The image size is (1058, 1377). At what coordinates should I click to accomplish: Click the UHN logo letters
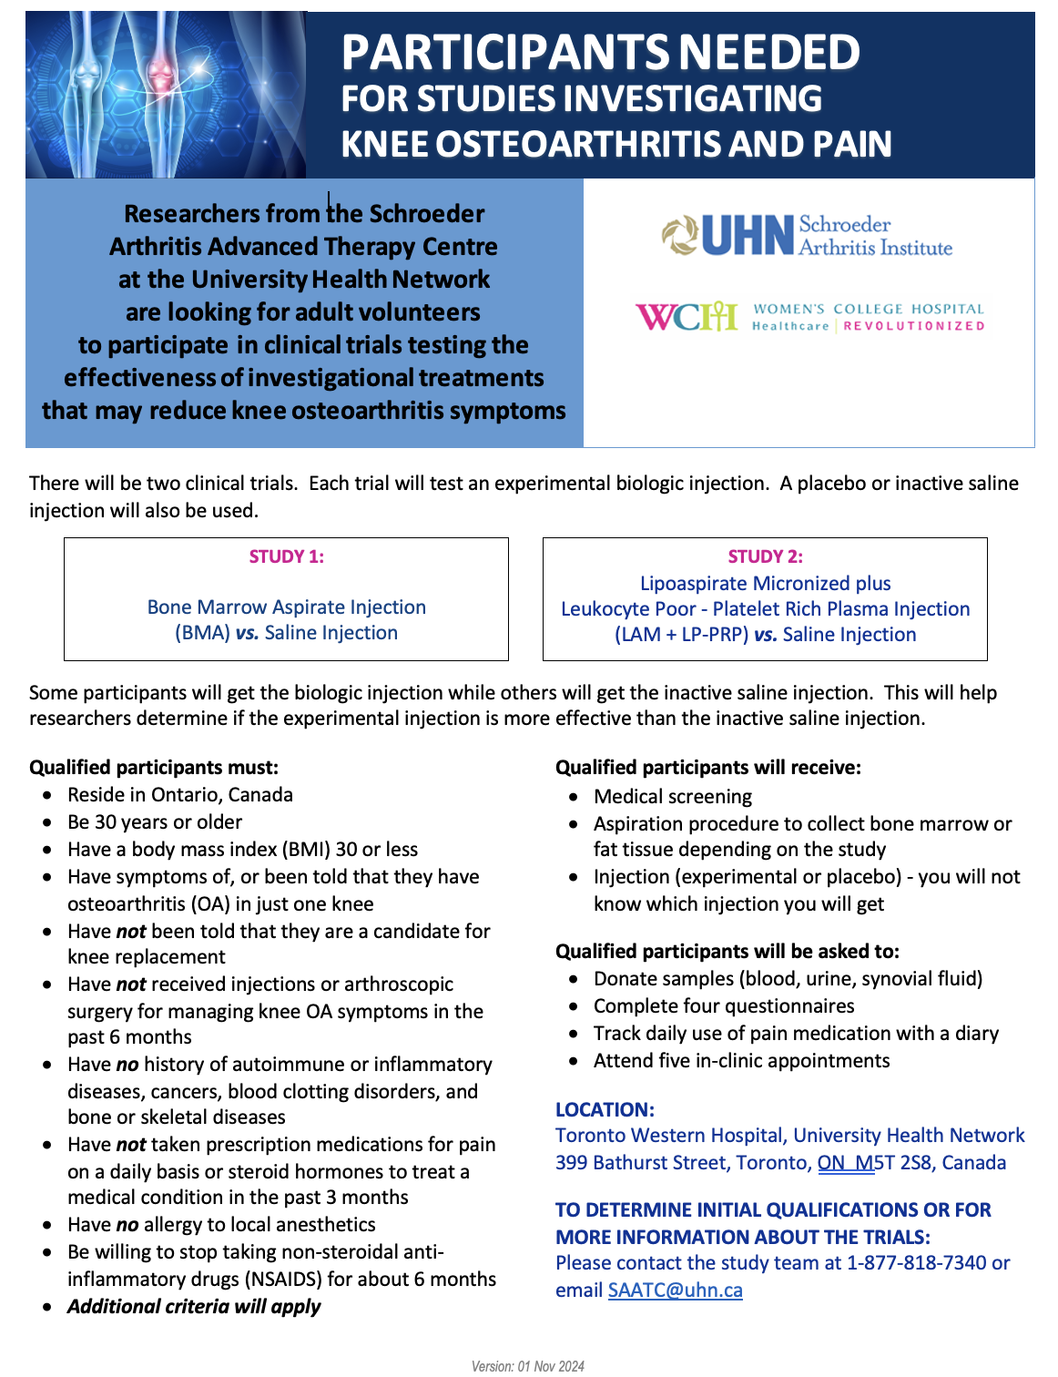click(x=748, y=236)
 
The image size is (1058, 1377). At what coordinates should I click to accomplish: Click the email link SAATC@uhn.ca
click(x=675, y=1290)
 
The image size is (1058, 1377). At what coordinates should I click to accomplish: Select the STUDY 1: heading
click(x=287, y=556)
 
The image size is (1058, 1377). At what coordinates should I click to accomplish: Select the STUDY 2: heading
click(x=765, y=556)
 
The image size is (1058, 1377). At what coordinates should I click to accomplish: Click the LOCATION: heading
click(x=605, y=1110)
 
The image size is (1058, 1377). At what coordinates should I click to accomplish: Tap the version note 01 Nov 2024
click(x=527, y=1366)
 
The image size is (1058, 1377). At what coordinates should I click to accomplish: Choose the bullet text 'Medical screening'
click(x=673, y=797)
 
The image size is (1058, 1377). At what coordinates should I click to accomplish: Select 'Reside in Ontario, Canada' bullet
click(x=180, y=795)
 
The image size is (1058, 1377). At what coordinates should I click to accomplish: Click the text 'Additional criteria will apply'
click(x=194, y=1307)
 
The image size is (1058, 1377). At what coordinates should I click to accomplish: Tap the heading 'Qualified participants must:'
click(x=154, y=768)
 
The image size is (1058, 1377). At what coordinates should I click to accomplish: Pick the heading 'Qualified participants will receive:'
click(x=707, y=768)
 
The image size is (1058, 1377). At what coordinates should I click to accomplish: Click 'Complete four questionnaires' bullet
click(x=724, y=1006)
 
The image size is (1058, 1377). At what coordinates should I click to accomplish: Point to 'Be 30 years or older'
click(x=155, y=822)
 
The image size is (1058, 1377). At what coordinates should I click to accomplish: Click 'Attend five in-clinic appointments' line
click(x=741, y=1061)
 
